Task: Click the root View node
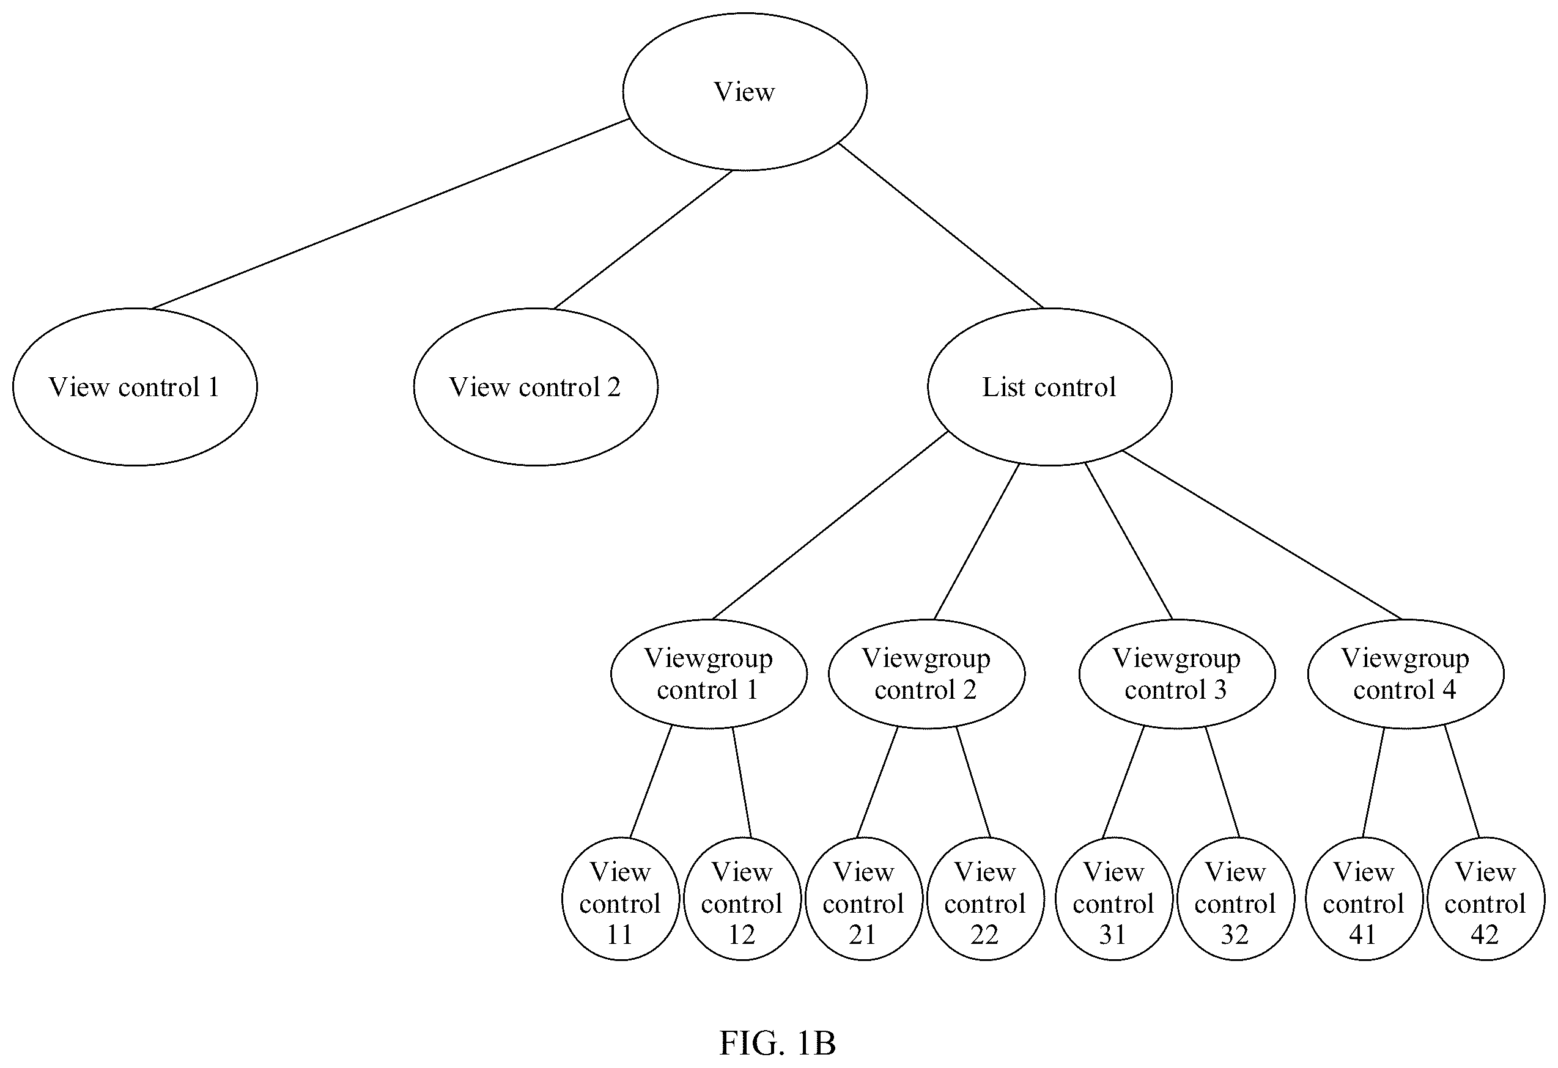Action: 744,92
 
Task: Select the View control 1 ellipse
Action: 135,387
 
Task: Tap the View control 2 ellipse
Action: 536,387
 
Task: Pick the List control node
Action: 1050,387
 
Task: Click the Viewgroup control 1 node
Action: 709,674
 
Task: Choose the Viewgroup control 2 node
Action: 926,674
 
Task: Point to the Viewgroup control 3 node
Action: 1177,674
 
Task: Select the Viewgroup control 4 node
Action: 1406,674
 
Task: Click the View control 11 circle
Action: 621,899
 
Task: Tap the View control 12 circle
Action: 742,899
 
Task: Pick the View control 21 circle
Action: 864,899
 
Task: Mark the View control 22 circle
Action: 986,899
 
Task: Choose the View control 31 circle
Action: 1114,899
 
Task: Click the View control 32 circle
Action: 1236,899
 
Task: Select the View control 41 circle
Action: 1364,899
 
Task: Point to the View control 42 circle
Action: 1486,899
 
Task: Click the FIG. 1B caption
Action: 778,1043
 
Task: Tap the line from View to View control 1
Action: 389,214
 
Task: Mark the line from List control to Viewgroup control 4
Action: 1261,535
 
